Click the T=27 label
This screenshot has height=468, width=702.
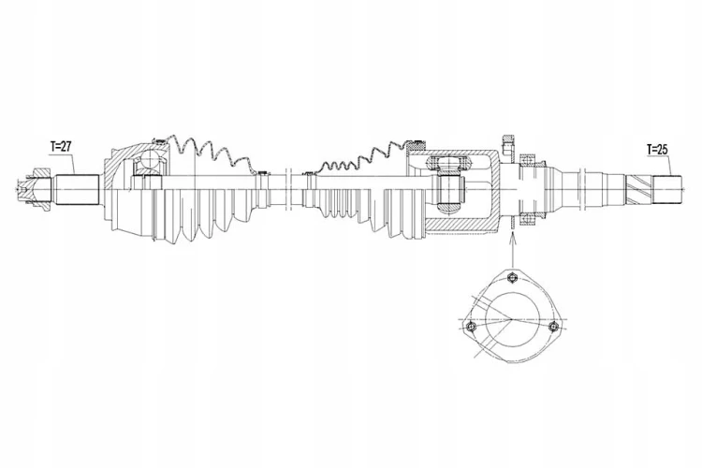pos(61,146)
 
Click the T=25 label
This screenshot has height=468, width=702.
pos(657,149)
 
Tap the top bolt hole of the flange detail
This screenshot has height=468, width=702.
pos(513,278)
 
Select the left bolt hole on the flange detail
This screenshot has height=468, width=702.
pos(470,327)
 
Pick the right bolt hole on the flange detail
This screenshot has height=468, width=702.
pos(555,326)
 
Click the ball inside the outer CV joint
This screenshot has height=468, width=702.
pos(149,161)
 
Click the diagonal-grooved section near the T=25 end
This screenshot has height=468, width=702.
pos(638,189)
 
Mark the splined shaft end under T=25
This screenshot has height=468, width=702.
pos(667,189)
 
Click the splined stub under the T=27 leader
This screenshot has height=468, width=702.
pos(77,189)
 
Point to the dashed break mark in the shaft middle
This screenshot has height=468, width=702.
pos(288,189)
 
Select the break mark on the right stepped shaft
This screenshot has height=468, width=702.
pos(582,189)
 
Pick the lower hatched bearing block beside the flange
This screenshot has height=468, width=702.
pos(527,220)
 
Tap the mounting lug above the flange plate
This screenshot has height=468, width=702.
pos(509,146)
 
